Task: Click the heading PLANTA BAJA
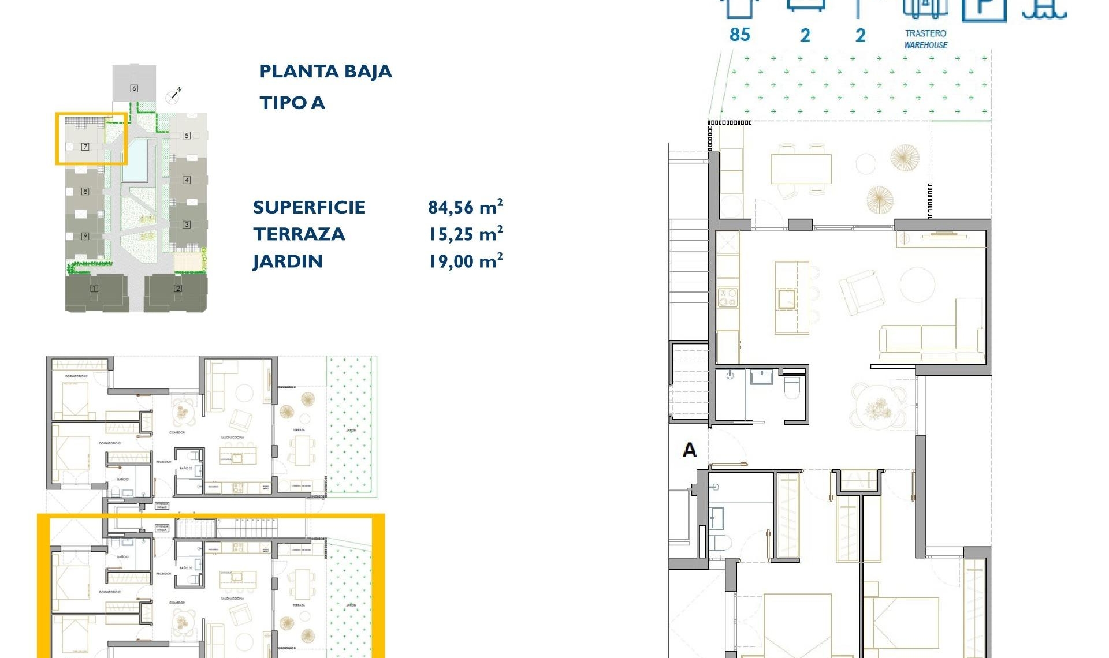325,72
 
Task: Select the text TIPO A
292,103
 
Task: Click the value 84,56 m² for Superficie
465,207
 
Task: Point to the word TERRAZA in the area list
299,234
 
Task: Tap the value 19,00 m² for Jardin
465,261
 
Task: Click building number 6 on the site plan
134,88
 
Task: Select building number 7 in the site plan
85,147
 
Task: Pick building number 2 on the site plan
178,288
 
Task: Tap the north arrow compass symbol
173,96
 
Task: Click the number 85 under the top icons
739,35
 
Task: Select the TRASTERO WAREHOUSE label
925,39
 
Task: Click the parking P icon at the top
984,9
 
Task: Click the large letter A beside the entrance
690,450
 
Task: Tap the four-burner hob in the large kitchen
728,298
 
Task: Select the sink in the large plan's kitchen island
786,299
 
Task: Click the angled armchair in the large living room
862,293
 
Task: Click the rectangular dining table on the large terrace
801,169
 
